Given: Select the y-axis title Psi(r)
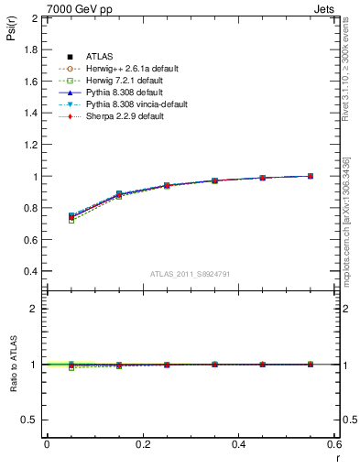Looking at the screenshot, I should (10, 33).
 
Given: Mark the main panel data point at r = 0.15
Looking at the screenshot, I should (118, 194).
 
